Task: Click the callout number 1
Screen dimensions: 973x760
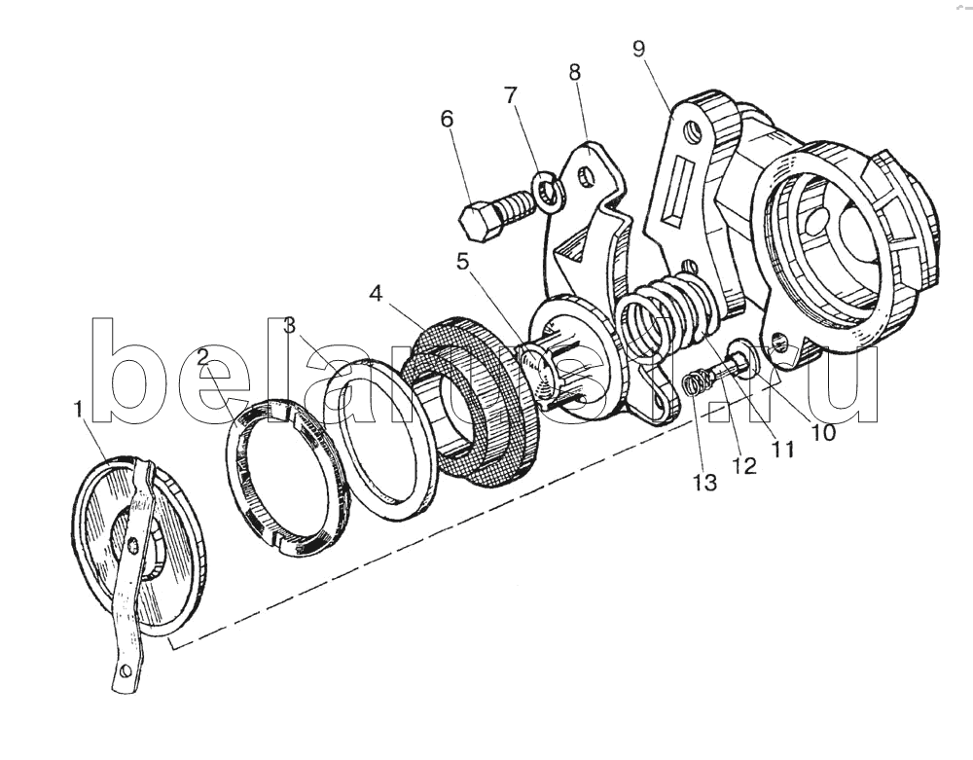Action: (78, 410)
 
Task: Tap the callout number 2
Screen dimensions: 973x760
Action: (203, 358)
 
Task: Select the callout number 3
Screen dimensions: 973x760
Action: (290, 325)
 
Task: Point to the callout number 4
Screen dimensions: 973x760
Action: (376, 294)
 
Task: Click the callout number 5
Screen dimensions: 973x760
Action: (462, 261)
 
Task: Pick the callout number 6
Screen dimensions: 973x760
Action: (448, 119)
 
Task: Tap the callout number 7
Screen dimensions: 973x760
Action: (510, 95)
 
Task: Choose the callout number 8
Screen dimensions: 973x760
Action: (574, 72)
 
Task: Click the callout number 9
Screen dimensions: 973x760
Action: (638, 49)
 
